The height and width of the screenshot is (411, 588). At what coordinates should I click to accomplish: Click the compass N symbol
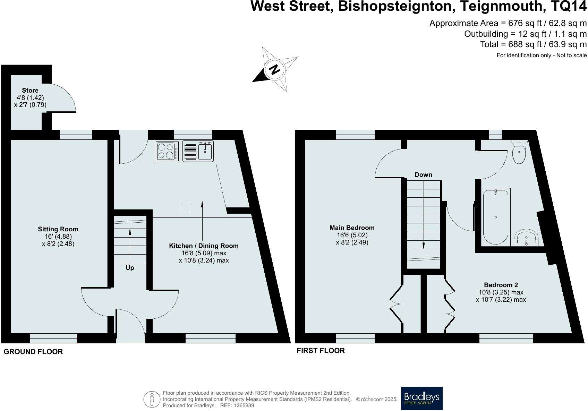pos(274,70)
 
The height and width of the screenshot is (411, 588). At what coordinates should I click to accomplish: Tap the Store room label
pos(30,91)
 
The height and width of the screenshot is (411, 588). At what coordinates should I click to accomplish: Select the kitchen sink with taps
pos(198,151)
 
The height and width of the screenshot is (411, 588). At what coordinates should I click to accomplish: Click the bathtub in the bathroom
pos(495,216)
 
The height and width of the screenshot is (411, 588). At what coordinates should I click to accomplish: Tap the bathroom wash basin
pos(527,238)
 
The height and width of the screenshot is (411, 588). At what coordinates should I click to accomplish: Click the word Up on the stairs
pos(130,268)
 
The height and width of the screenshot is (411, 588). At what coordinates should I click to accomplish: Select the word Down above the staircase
pos(423,174)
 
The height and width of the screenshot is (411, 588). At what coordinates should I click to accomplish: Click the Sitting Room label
pos(58,229)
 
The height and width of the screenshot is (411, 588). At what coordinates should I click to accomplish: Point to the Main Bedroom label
pos(352,228)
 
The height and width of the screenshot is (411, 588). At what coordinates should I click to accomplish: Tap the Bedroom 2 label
pos(501,285)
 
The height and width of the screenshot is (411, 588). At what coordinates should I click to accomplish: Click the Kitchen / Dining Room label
pos(204,246)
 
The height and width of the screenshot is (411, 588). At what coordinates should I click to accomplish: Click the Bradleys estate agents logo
pos(421,398)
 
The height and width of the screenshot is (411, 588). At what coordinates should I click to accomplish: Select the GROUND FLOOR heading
pos(33,352)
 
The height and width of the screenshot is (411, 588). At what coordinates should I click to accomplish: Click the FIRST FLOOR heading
pos(321,351)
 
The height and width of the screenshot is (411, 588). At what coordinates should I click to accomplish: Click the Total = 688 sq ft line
pos(533,44)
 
